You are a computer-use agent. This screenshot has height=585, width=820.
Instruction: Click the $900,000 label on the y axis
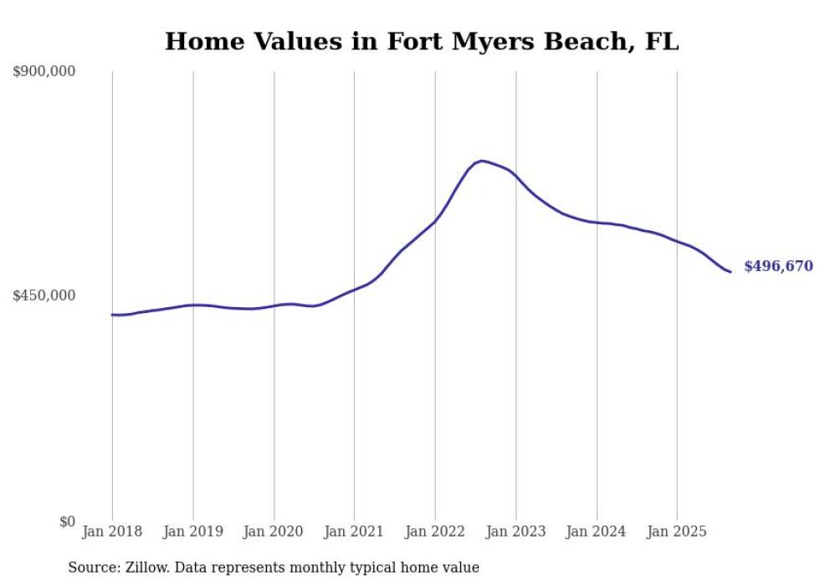tap(44, 72)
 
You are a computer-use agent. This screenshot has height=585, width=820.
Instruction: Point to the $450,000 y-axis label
tap(44, 295)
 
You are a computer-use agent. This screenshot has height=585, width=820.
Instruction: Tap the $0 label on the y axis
tap(67, 521)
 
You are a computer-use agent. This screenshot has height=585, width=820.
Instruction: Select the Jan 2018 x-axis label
tap(112, 531)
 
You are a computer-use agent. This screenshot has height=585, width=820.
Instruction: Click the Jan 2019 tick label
tap(192, 531)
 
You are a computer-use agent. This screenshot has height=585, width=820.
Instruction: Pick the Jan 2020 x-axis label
tap(274, 531)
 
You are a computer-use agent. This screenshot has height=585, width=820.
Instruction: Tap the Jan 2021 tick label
tap(354, 531)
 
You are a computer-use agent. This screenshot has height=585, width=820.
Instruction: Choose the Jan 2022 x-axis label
tap(435, 531)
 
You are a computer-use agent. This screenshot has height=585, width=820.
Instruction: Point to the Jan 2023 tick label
tap(515, 531)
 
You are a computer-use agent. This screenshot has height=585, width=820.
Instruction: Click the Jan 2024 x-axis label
tap(596, 531)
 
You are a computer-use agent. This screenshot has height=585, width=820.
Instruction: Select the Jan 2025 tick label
tap(676, 531)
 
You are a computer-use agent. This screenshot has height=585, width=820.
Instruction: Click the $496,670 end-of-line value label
tap(778, 266)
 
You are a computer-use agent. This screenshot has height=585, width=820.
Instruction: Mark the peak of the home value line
tap(481, 161)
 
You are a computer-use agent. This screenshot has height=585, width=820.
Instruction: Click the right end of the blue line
tap(730, 271)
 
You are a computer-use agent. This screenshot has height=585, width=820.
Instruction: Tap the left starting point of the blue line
tap(112, 315)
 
